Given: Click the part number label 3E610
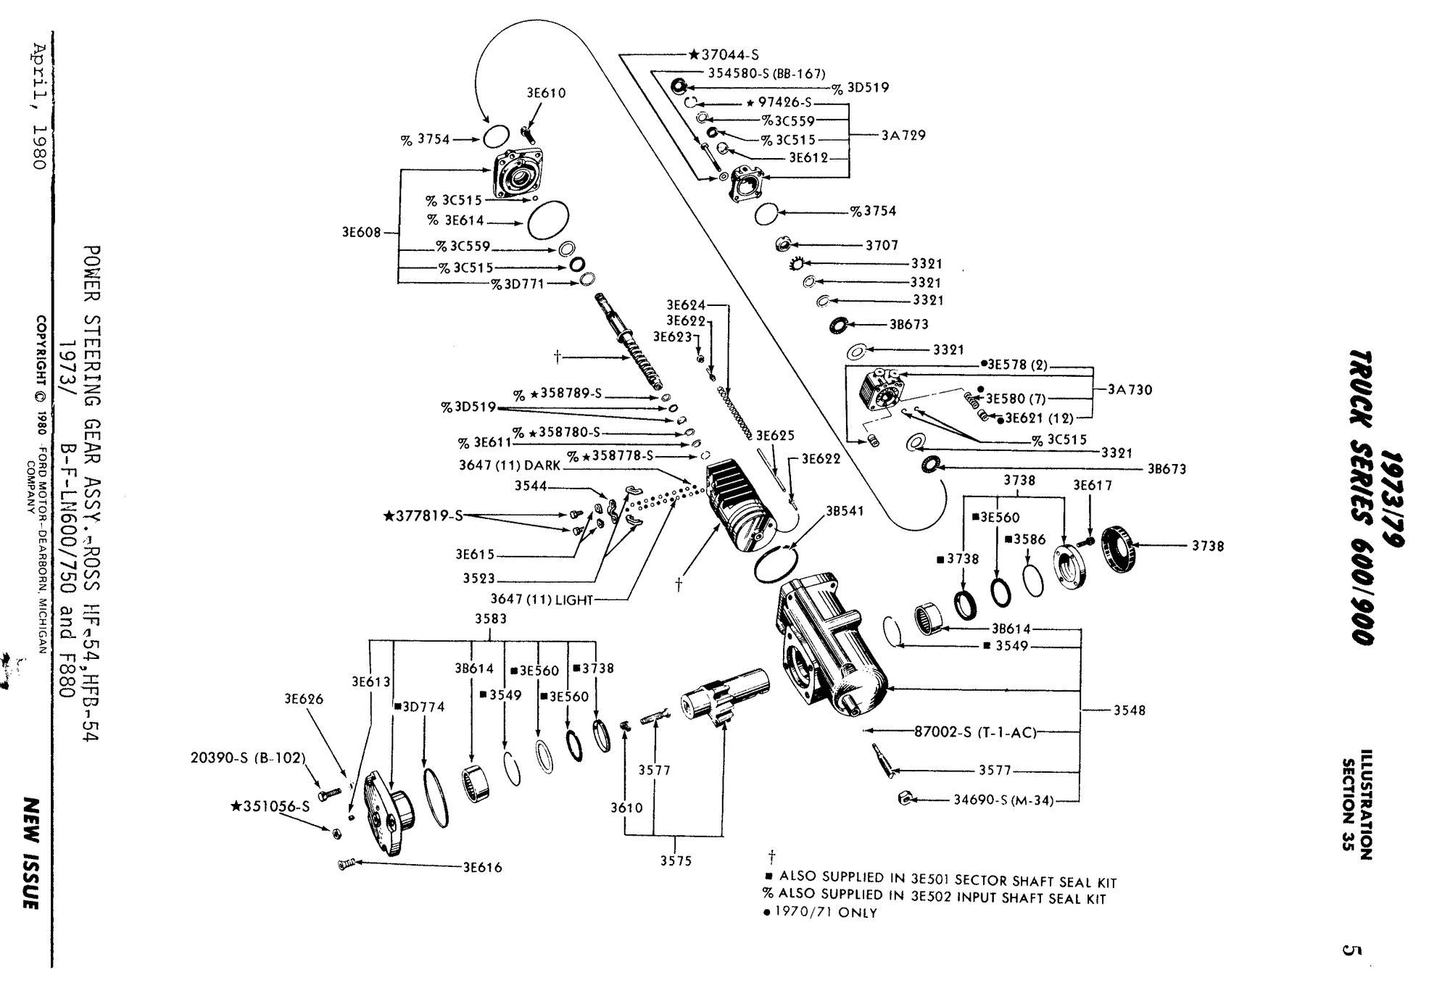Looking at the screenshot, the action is (546, 93).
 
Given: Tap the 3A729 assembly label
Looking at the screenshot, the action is (903, 135).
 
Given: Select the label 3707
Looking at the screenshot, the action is (882, 245).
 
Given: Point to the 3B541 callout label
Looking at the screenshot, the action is (845, 510).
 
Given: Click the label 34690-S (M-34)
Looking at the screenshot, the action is (1003, 801).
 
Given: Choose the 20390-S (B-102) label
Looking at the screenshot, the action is (248, 758).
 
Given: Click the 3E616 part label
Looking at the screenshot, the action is (482, 867).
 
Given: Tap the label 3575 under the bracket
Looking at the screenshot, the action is (676, 861).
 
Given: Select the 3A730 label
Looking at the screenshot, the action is (1130, 389).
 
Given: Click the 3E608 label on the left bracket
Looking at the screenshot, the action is (361, 233).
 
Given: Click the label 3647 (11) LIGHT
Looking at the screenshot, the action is (542, 600).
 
